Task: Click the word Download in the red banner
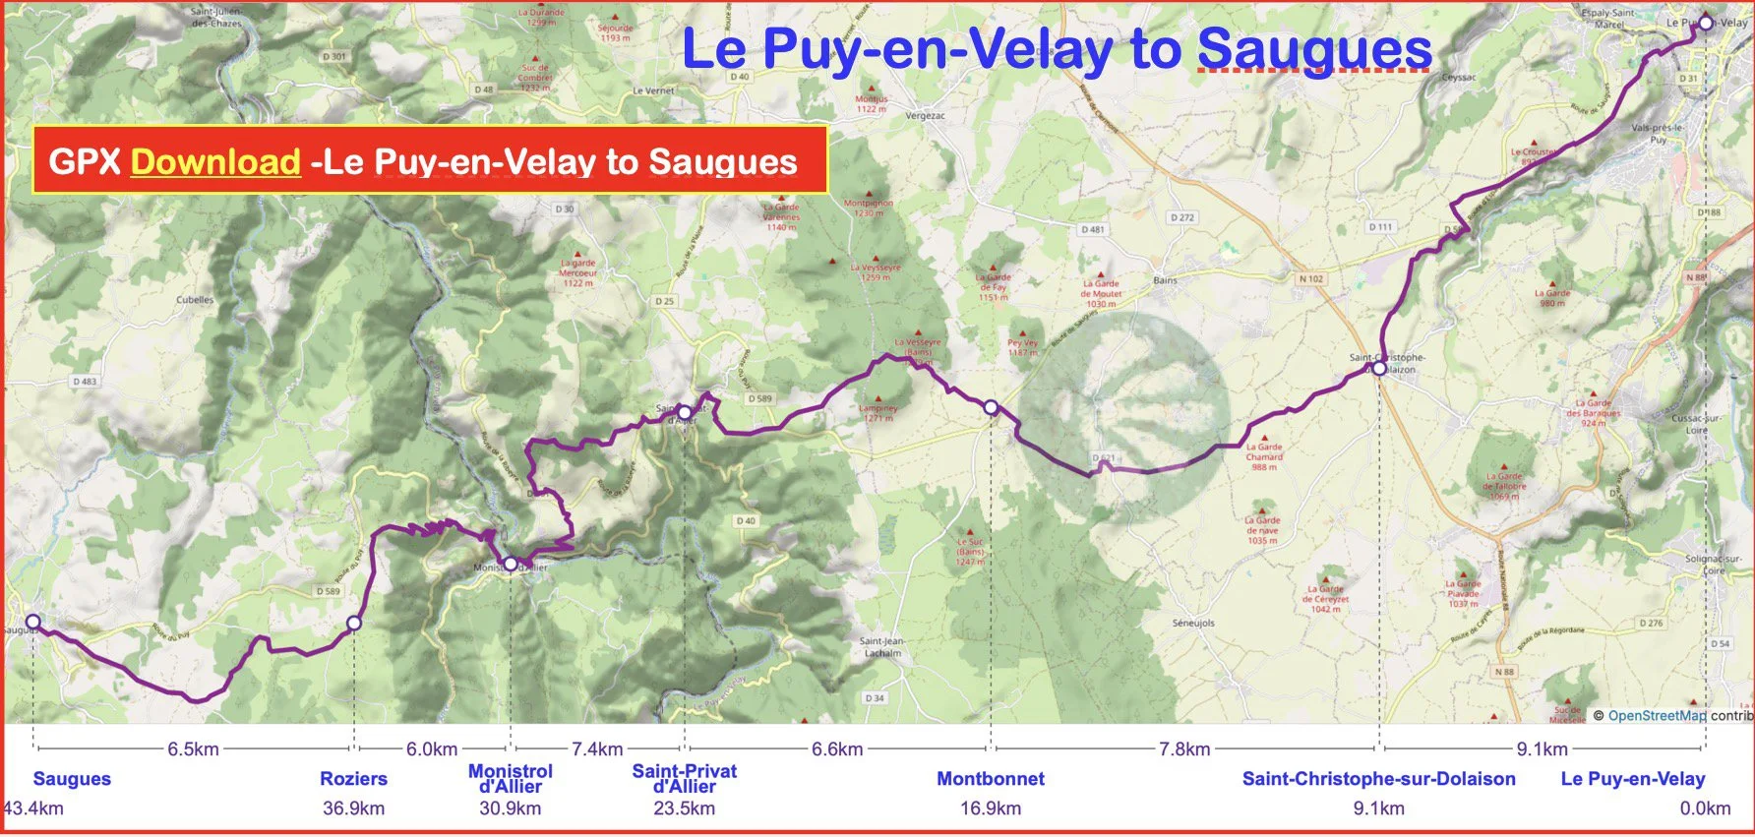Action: (214, 161)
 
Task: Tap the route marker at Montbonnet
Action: (991, 407)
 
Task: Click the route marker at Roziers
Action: (354, 623)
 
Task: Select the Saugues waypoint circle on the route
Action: (32, 622)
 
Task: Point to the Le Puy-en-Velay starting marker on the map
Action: (1705, 23)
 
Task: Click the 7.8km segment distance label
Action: (1184, 748)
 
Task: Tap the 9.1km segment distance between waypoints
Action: (1542, 748)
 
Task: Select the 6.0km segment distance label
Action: (432, 748)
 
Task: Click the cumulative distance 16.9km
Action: (991, 808)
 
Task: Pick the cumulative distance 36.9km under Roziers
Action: (354, 808)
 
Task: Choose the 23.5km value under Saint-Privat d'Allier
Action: (684, 808)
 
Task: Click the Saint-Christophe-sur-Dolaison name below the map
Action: (1378, 779)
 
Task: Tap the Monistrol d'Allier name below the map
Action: (510, 778)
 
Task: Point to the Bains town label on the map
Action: (1165, 280)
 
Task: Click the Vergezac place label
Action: (925, 115)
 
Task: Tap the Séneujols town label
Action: (1193, 623)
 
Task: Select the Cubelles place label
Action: (195, 300)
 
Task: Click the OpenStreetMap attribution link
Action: (1657, 715)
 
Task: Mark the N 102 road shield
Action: (1310, 279)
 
